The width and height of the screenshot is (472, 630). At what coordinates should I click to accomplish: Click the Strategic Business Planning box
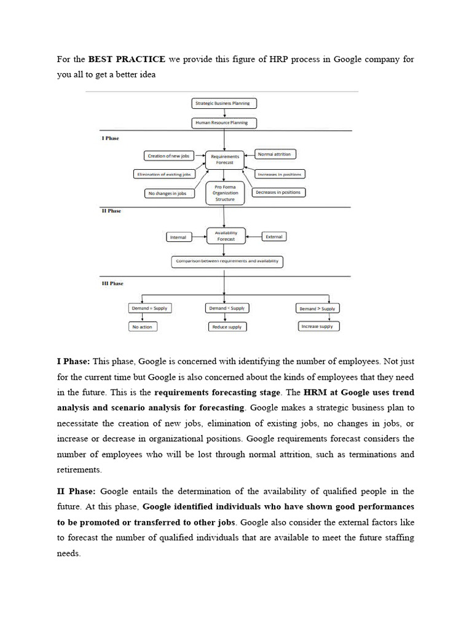click(x=224, y=103)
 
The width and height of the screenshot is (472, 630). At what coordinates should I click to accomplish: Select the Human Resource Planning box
click(x=224, y=122)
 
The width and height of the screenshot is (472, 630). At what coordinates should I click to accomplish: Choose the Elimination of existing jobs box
click(x=163, y=175)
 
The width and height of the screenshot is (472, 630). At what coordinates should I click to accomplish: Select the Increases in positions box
click(x=280, y=174)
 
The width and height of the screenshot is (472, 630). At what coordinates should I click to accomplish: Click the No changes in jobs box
click(x=169, y=193)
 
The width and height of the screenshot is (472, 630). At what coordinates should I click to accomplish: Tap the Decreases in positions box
click(x=278, y=193)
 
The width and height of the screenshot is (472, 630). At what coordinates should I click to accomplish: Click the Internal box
click(x=178, y=236)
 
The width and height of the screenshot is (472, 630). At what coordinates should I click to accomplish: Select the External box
click(x=273, y=236)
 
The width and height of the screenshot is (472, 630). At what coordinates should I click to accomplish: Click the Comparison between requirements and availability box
click(x=227, y=261)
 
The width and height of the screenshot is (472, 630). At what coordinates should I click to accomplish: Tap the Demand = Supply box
click(x=149, y=308)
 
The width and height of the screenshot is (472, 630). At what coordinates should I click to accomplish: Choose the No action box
click(x=142, y=327)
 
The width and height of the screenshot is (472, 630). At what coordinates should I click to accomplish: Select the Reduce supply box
click(x=227, y=327)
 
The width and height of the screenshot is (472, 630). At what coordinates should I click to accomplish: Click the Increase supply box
click(x=318, y=326)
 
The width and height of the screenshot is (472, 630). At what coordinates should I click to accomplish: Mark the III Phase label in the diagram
click(x=112, y=284)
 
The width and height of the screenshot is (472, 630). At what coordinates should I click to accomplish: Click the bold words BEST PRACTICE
click(x=127, y=59)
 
